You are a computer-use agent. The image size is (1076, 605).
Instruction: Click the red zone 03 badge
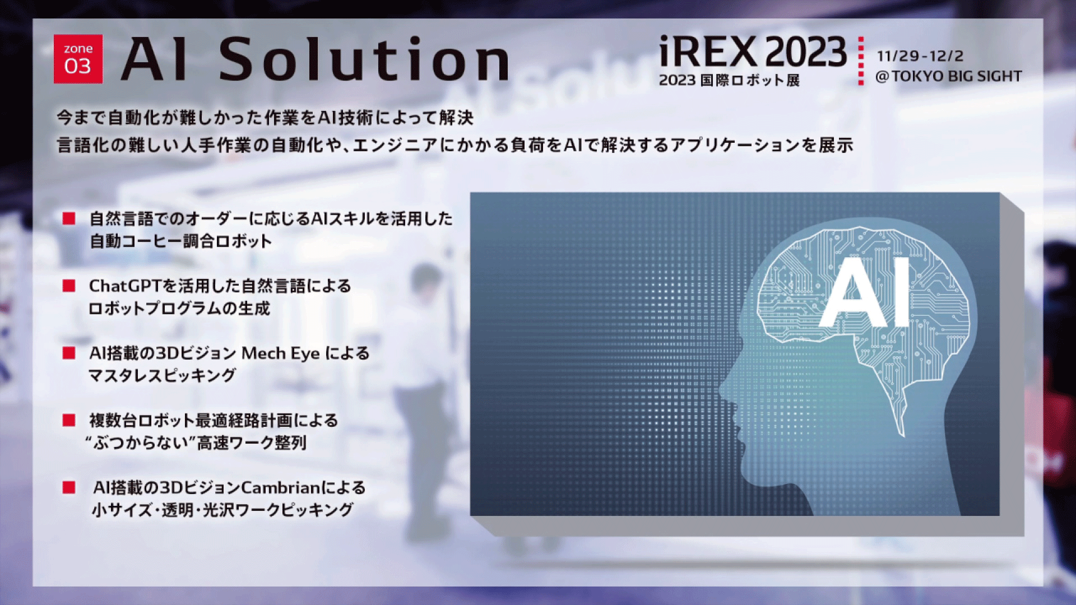tap(78, 59)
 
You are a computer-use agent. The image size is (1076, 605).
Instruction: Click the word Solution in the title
tap(364, 59)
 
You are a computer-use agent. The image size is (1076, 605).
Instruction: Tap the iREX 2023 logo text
tap(753, 52)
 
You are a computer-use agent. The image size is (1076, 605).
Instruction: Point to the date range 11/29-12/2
tap(920, 56)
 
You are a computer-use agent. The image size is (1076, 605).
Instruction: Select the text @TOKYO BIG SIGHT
tap(949, 76)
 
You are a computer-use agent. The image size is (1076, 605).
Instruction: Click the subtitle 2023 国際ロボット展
tap(729, 80)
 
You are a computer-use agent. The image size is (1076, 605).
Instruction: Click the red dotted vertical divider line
tap(861, 61)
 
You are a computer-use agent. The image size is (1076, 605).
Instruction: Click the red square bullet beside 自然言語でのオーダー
tap(69, 218)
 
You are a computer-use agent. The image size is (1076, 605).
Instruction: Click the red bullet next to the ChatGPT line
tap(69, 286)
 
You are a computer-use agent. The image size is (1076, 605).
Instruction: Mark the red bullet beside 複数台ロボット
tap(69, 420)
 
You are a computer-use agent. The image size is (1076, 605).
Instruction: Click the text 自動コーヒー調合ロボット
tap(181, 241)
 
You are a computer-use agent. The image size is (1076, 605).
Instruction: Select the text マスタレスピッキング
tap(162, 375)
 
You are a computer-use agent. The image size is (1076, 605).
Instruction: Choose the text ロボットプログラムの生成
tap(179, 309)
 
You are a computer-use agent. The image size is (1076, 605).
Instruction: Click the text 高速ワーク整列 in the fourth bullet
tap(252, 443)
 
